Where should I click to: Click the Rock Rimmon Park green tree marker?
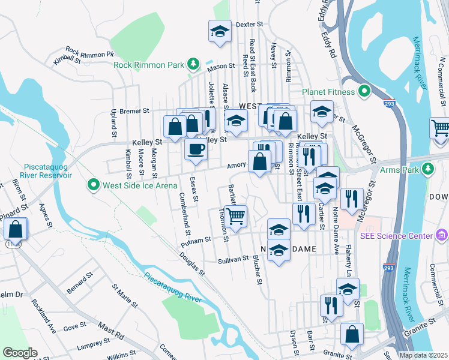tap(193, 64)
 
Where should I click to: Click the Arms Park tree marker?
tap(427, 169)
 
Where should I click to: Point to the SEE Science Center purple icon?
tap(443, 234)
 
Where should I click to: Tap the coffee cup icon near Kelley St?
tap(195, 149)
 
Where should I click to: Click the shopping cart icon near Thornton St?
tap(237, 215)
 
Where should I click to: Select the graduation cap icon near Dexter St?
tap(220, 31)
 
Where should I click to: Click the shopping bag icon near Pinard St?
tap(16, 229)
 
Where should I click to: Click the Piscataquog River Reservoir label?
tap(48, 170)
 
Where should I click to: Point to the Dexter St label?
tap(250, 25)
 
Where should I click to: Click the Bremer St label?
tap(133, 111)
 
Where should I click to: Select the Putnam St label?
tap(196, 239)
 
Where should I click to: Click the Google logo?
tap(19, 353)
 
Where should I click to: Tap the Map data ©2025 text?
tap(423, 355)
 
